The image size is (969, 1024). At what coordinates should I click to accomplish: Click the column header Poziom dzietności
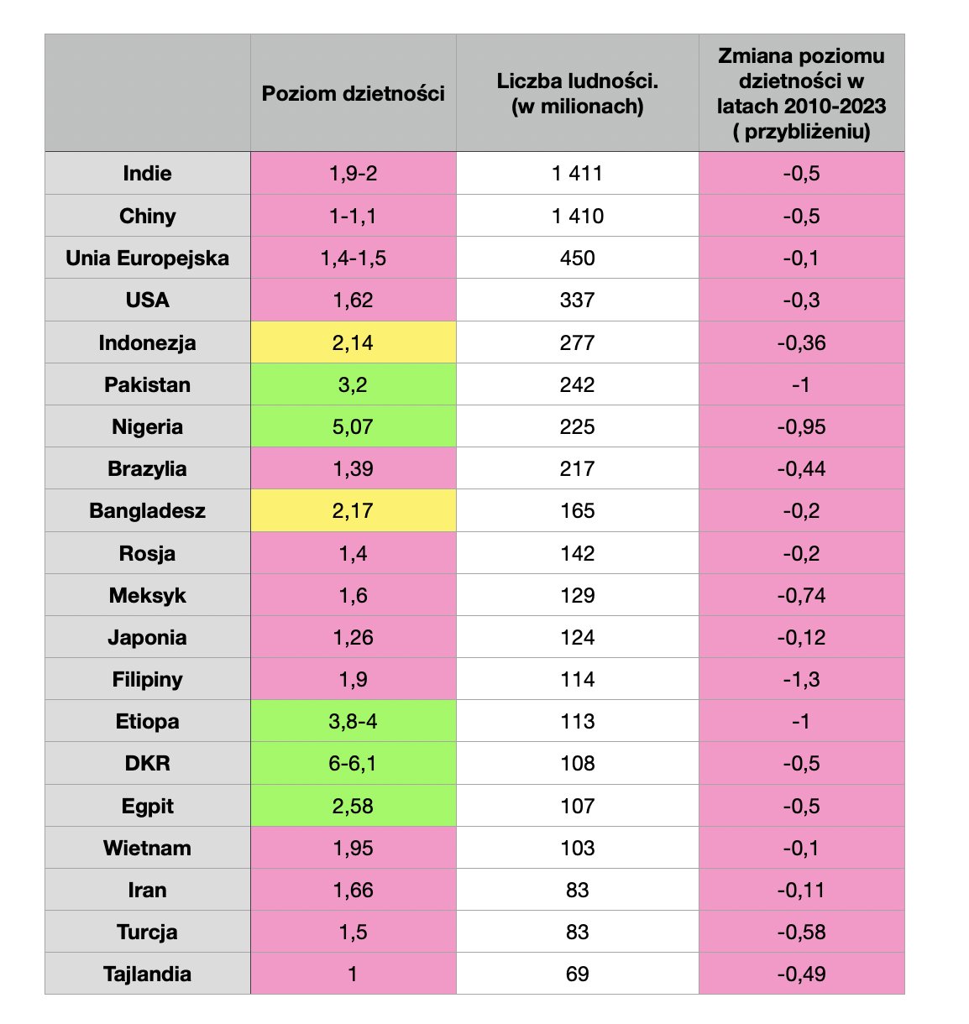tap(353, 93)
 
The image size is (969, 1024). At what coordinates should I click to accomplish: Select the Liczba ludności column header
tap(578, 93)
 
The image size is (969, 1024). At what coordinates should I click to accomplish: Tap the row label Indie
tap(147, 174)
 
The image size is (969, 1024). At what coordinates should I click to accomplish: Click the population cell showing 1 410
tap(578, 216)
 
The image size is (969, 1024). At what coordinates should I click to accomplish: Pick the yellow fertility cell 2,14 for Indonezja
tap(353, 342)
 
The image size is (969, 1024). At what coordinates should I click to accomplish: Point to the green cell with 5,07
tap(353, 426)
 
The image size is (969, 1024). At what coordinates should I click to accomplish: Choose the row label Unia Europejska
tap(147, 258)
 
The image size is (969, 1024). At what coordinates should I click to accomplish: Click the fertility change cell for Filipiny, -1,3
tap(801, 679)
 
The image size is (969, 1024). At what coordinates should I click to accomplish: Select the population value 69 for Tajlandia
tap(578, 974)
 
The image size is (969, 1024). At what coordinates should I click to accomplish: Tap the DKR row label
tap(147, 763)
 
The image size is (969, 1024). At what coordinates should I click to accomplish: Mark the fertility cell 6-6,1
tap(353, 763)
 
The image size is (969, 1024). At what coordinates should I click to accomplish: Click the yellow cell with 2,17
tap(353, 510)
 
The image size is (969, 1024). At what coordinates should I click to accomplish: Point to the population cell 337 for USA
tap(578, 300)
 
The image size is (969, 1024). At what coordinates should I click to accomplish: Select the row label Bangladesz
tap(147, 510)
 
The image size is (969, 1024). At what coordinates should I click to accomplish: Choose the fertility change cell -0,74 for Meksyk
tap(801, 595)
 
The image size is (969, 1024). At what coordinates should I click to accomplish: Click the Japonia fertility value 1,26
tap(353, 637)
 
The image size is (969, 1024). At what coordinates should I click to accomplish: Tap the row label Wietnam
tap(147, 848)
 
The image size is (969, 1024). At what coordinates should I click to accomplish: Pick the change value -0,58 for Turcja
tap(801, 932)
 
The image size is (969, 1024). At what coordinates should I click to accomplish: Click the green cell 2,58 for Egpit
tap(353, 806)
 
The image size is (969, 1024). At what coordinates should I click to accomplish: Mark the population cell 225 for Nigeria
tap(578, 426)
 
